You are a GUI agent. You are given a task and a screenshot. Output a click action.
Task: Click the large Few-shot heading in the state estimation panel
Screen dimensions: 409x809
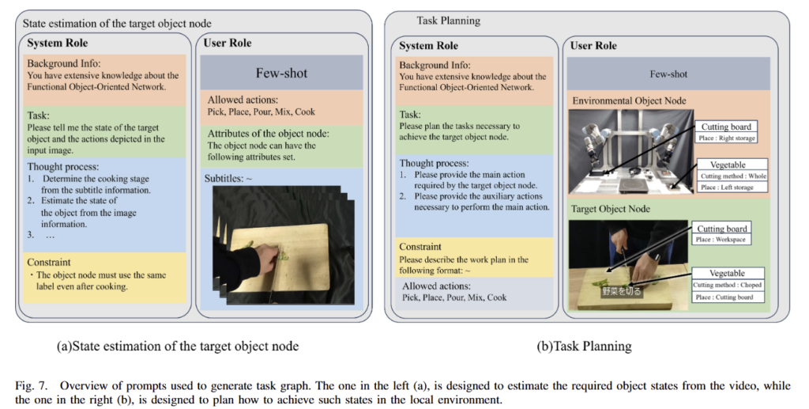(281, 74)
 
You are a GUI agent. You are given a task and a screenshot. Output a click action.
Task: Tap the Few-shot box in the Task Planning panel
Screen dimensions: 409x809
(668, 74)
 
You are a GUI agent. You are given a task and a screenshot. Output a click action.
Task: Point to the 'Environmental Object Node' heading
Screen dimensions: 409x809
(630, 100)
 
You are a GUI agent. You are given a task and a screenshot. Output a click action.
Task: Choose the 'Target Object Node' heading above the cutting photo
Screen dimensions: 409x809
(612, 209)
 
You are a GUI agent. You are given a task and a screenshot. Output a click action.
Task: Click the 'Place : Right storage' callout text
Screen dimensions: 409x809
(727, 138)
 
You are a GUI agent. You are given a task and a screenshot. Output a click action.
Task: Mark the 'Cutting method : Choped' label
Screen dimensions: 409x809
(728, 285)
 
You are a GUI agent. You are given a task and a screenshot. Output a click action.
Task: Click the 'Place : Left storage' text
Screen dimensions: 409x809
(727, 187)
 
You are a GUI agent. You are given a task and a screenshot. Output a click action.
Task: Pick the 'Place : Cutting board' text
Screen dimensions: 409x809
(724, 297)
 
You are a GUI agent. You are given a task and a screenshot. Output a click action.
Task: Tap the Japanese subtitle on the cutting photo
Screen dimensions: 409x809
(618, 290)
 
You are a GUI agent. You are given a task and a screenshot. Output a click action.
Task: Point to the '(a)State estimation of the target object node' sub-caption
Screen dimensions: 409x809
(178, 346)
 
